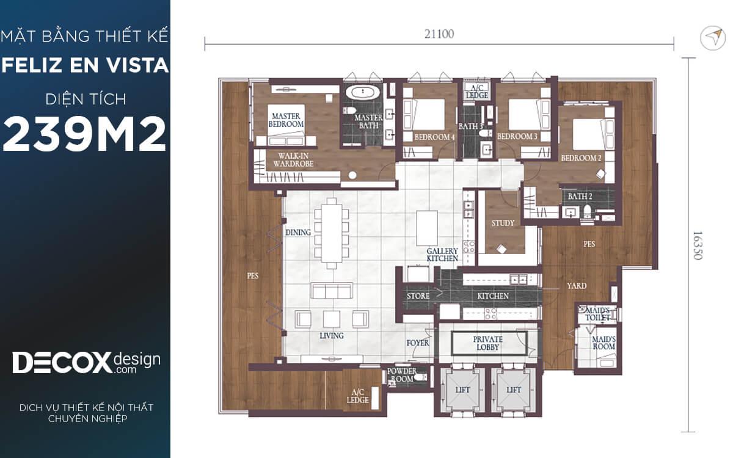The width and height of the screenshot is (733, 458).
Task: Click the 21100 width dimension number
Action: point(439,34)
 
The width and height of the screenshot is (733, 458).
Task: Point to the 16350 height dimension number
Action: point(698,245)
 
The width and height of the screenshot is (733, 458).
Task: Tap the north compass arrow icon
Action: point(713,38)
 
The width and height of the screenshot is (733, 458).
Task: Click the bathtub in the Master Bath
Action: point(363,92)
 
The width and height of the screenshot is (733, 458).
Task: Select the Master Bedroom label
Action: point(286,120)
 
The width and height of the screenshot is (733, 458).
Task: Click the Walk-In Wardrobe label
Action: point(293,159)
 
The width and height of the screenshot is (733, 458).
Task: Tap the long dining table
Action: point(332,233)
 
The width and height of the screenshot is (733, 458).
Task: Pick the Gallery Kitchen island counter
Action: point(427,228)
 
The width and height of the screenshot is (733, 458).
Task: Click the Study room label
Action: point(503,223)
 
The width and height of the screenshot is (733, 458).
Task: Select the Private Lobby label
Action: point(487,343)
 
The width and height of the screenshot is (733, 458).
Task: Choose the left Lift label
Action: point(462,390)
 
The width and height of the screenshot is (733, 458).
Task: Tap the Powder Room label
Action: point(402,375)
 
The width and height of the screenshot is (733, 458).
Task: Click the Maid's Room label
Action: point(604,343)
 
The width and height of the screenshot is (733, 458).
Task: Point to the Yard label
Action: point(577,286)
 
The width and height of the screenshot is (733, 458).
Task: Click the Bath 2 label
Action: point(580,196)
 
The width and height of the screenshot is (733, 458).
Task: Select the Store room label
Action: point(418,296)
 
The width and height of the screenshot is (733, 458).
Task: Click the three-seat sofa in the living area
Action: point(332,291)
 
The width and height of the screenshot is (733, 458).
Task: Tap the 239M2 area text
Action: point(84,134)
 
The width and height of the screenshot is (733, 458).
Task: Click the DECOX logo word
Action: point(62,363)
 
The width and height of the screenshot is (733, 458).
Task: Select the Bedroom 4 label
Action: point(434,137)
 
